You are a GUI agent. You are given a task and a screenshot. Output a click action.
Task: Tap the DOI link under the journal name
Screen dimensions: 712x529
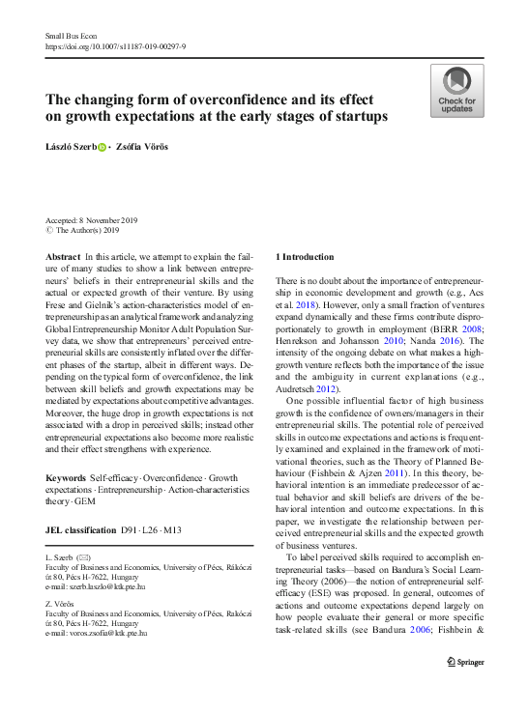click(x=115, y=45)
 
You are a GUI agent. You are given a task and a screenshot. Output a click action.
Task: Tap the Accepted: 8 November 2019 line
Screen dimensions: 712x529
click(x=99, y=221)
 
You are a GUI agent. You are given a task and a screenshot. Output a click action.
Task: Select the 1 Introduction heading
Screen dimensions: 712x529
click(x=306, y=257)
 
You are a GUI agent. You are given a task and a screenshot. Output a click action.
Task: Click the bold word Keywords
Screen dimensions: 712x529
click(x=67, y=478)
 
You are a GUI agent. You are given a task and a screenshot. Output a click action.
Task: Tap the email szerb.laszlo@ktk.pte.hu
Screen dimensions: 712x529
click(x=103, y=586)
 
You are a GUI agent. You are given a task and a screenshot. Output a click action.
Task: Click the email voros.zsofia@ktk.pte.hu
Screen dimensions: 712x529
click(x=103, y=632)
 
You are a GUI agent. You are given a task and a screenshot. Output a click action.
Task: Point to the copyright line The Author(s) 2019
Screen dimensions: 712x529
click(x=87, y=231)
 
